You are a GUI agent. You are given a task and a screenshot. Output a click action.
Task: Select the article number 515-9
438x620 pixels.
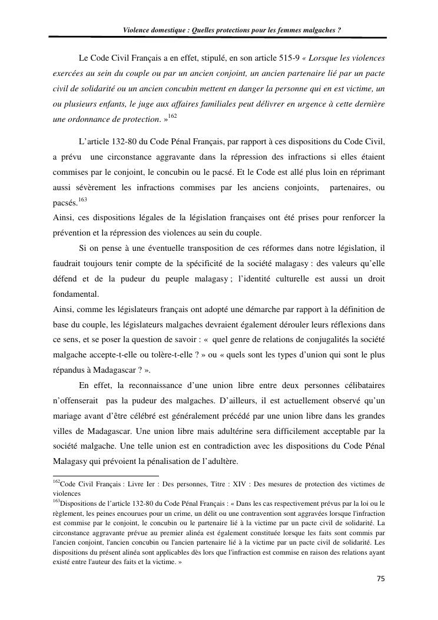click(x=286, y=59)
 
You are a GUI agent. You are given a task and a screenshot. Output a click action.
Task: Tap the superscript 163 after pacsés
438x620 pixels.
click(x=82, y=200)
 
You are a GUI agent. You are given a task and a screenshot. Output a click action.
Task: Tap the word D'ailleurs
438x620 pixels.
click(x=240, y=401)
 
